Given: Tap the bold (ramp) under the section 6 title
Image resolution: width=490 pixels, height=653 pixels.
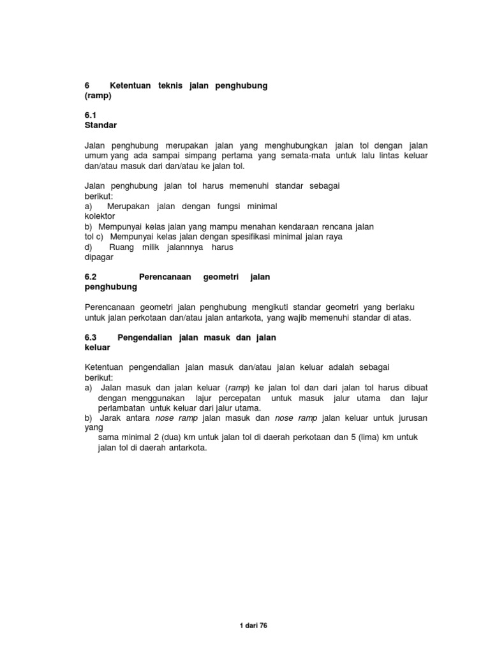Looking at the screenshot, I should coord(98,95).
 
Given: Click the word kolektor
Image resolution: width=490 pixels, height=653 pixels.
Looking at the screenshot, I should coord(100,216).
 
